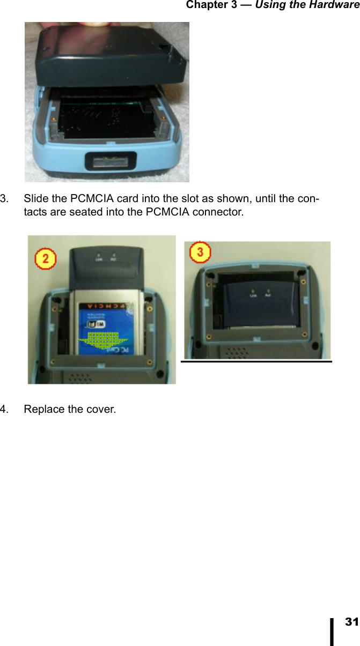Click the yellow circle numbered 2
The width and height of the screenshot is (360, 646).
46,259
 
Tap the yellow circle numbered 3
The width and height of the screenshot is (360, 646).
200,252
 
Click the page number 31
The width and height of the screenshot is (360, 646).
351,622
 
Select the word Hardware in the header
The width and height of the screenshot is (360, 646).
334,5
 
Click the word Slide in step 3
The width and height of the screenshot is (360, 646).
35,199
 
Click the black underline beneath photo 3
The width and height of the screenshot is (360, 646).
256,362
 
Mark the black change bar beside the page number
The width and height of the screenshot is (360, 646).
333,630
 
